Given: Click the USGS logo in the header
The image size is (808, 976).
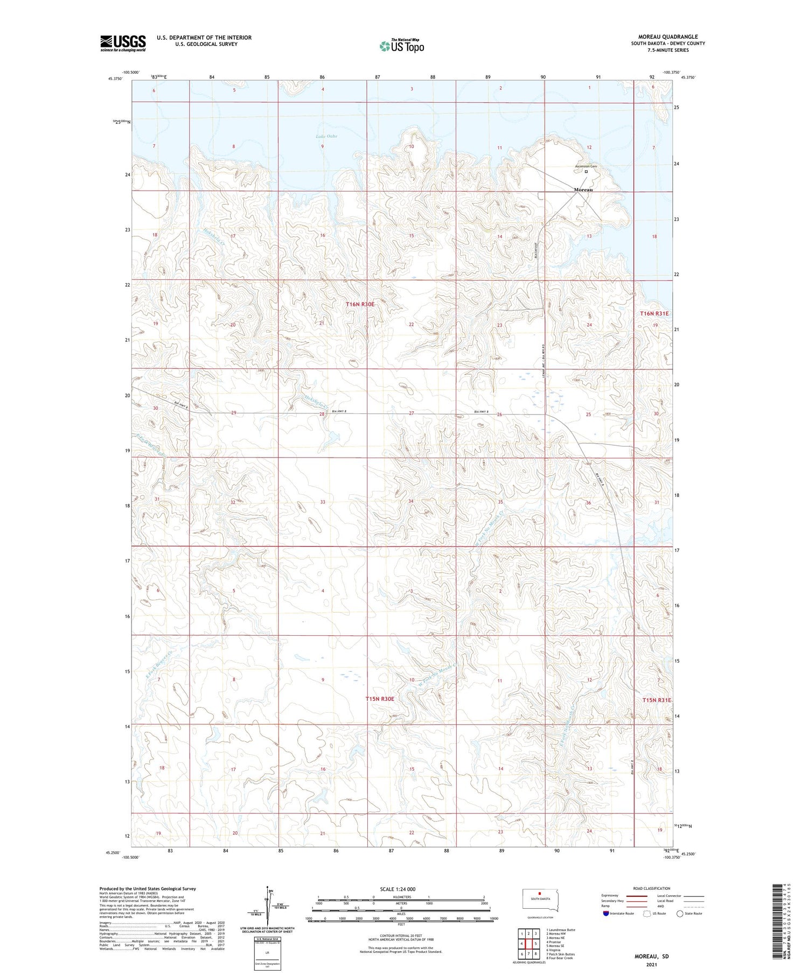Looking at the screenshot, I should (x=123, y=43).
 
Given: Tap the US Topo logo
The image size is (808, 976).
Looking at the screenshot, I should (x=401, y=46).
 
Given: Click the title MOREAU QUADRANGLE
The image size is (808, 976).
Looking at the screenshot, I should (x=668, y=37).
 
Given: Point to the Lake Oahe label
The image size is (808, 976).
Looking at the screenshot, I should (x=326, y=136).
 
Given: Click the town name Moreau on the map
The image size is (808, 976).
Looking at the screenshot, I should (x=583, y=189).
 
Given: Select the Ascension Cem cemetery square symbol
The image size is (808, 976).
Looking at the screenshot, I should (x=586, y=172).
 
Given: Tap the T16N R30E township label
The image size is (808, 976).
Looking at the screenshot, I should (x=360, y=304).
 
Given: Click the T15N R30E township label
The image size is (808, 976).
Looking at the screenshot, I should (x=380, y=699).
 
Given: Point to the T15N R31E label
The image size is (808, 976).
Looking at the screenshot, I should (x=657, y=700).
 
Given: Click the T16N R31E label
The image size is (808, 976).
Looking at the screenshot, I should (x=654, y=313).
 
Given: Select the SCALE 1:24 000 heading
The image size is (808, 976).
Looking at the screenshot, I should (x=398, y=889).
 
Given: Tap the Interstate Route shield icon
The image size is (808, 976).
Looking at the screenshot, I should (x=606, y=914).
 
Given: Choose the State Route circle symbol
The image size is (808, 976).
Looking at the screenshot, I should (x=680, y=914).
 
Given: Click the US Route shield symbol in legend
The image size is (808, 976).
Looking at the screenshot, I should (x=647, y=914).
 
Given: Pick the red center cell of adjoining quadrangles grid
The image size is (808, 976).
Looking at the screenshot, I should (x=529, y=944).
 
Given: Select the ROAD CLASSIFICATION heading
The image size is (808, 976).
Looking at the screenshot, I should (x=652, y=888).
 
